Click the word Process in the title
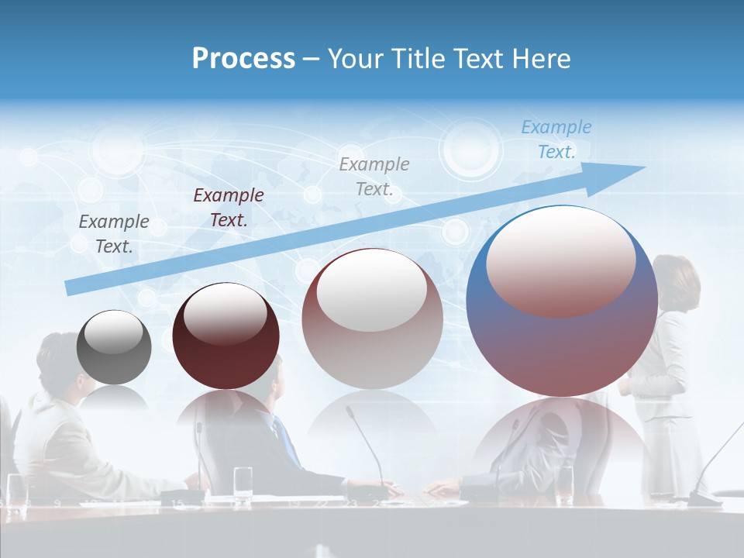click(x=243, y=59)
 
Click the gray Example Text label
click(x=114, y=233)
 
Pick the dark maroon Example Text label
click(x=229, y=207)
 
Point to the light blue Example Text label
click(x=556, y=139)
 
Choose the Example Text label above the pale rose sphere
click(x=374, y=176)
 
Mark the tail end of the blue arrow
click(x=70, y=288)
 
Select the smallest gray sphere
click(x=114, y=348)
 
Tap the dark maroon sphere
click(x=226, y=336)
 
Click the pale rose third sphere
click(x=372, y=319)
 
